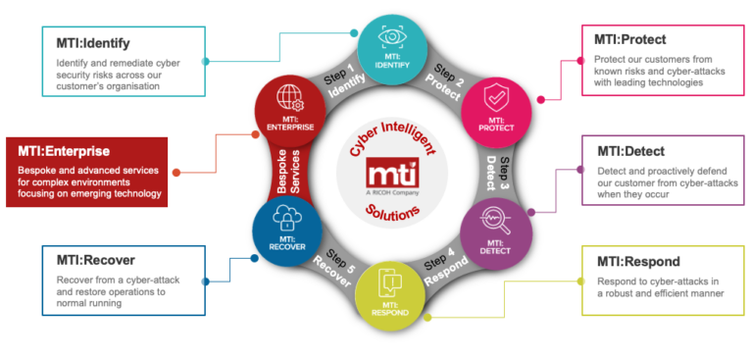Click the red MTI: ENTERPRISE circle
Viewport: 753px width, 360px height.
(282, 106)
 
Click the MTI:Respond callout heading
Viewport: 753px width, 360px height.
(636, 261)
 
